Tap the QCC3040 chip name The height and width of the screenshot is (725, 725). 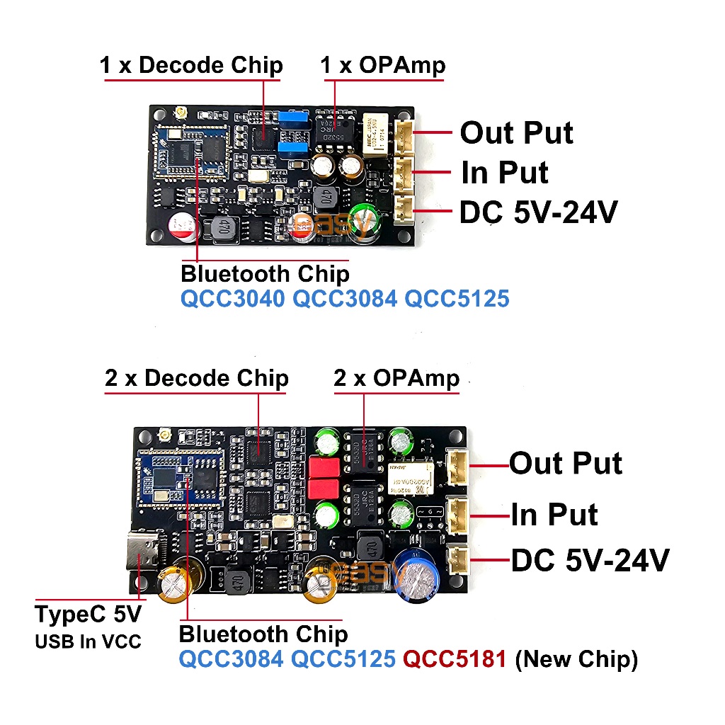pos(232,298)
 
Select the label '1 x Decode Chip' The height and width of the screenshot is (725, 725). pos(191,66)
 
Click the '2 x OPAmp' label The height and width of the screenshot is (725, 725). pos(396,378)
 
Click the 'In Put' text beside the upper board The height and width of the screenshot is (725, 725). pos(504,172)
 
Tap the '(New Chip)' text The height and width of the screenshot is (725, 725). pos(576,659)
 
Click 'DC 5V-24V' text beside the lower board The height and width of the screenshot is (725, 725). pos(590,561)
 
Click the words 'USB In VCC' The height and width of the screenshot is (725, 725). pos(89,642)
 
